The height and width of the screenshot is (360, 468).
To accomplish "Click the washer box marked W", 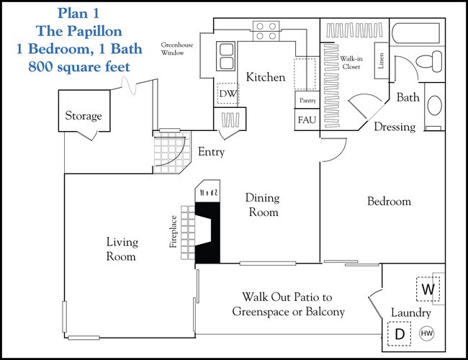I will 429,289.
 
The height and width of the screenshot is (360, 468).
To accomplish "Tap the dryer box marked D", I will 398,333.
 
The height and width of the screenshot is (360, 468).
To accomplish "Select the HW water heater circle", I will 426,334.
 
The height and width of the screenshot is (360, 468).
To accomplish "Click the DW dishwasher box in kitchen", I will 228,94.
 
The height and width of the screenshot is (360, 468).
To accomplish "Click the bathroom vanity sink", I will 435,105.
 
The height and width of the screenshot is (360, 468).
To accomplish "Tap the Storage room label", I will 84,116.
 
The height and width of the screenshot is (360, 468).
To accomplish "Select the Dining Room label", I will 262,204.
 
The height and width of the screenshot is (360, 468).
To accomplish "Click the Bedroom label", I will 389,202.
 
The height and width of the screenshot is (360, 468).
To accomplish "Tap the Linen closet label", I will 379,63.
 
